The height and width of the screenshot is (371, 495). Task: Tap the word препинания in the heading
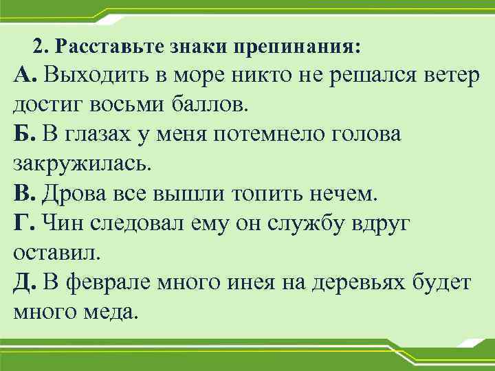pyautogui.click(x=296, y=47)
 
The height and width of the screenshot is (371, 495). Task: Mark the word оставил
pyautogui.click(x=56, y=251)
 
